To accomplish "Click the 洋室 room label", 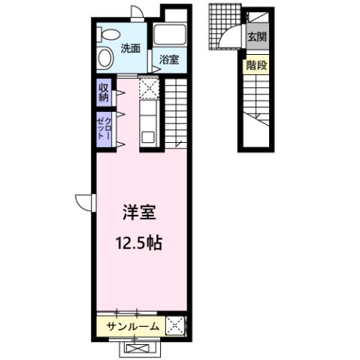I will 138,213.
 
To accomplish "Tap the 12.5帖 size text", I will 139,244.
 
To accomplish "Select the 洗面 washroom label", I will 131,49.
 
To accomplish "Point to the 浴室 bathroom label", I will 168,61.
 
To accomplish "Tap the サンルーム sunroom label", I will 132,326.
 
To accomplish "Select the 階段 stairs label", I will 256,65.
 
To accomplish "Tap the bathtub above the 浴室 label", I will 169,35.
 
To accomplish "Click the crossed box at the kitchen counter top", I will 149,89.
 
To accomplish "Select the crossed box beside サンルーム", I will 175,326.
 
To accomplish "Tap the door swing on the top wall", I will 136,11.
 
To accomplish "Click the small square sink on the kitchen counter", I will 148,137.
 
